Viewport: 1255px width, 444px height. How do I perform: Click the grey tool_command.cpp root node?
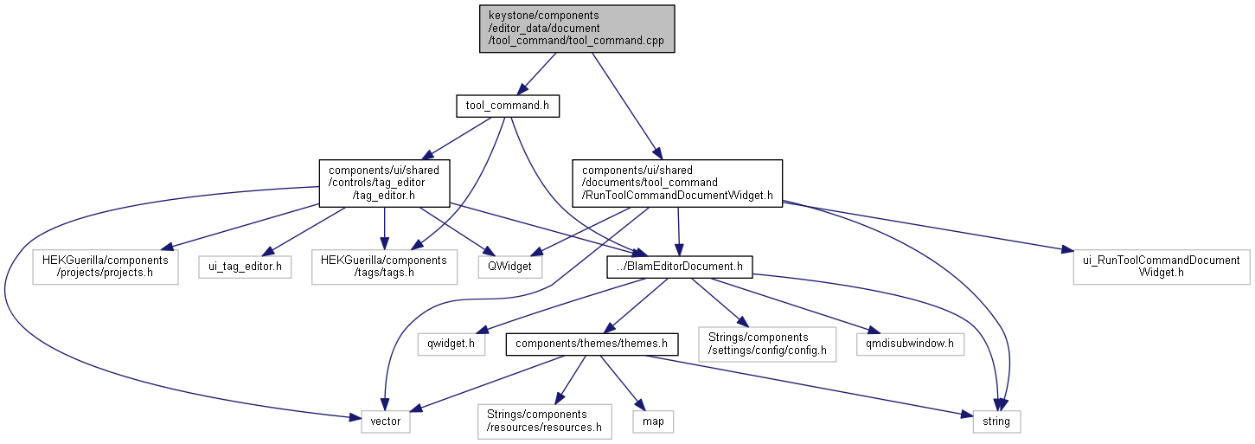pyautogui.click(x=577, y=29)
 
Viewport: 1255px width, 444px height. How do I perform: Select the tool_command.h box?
pyautogui.click(x=507, y=106)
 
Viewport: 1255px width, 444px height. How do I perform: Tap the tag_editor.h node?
pyautogui.click(x=383, y=183)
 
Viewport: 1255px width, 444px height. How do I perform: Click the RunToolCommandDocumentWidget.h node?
pyautogui.click(x=677, y=183)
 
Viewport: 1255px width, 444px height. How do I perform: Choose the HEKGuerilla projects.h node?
pyautogui.click(x=105, y=267)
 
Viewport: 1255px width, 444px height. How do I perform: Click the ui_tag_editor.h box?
pyautogui.click(x=244, y=267)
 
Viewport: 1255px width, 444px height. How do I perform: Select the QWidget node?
pyautogui.click(x=510, y=267)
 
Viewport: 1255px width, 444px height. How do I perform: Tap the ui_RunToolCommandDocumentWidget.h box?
pyautogui.click(x=1162, y=267)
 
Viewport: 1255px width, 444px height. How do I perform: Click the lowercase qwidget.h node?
pyautogui.click(x=451, y=344)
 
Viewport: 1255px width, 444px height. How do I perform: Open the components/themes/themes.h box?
pyautogui.click(x=592, y=344)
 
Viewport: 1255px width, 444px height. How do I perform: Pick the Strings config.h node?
pyautogui.click(x=767, y=344)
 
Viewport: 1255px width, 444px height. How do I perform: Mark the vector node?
pyautogui.click(x=380, y=421)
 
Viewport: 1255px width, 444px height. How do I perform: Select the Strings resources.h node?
pyautogui.click(x=544, y=421)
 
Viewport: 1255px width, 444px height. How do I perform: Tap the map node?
pyautogui.click(x=652, y=421)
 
